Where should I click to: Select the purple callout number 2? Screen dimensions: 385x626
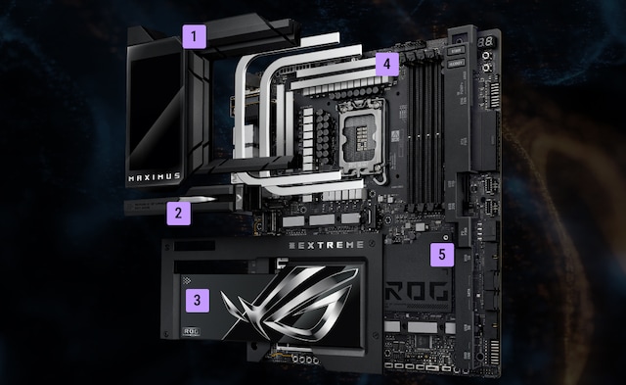pyautogui.click(x=177, y=210)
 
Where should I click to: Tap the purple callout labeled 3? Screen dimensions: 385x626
pyautogui.click(x=197, y=301)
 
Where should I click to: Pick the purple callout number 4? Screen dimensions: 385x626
pyautogui.click(x=387, y=66)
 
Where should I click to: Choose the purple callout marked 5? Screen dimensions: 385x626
pyautogui.click(x=443, y=255)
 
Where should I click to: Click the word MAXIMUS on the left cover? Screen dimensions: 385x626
pyautogui.click(x=156, y=179)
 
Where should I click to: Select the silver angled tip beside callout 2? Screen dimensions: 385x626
pyautogui.click(x=206, y=200)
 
